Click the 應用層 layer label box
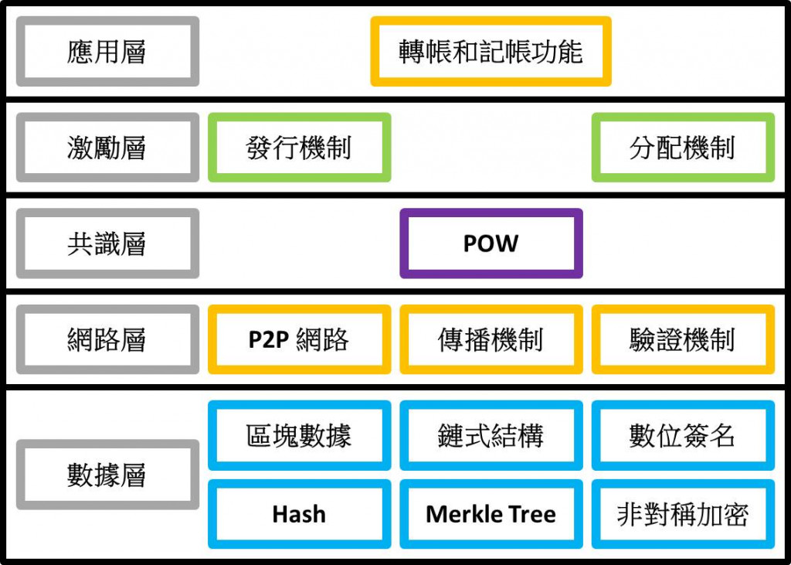[107, 52]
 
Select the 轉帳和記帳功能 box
[491, 52]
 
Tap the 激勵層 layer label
[107, 148]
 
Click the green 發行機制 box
[299, 148]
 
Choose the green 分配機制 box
[682, 148]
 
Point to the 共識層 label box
[107, 243]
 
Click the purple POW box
[491, 243]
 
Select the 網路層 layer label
[107, 339]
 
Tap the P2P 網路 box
[299, 339]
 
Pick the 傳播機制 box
[491, 339]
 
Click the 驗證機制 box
[682, 339]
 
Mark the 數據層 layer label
[107, 475]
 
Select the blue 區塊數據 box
[299, 436]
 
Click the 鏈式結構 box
[491, 436]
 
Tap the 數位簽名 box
[682, 436]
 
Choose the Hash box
[299, 514]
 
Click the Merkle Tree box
[491, 514]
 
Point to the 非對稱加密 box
[682, 514]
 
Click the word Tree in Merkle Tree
[531, 514]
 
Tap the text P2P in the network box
[268, 339]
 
